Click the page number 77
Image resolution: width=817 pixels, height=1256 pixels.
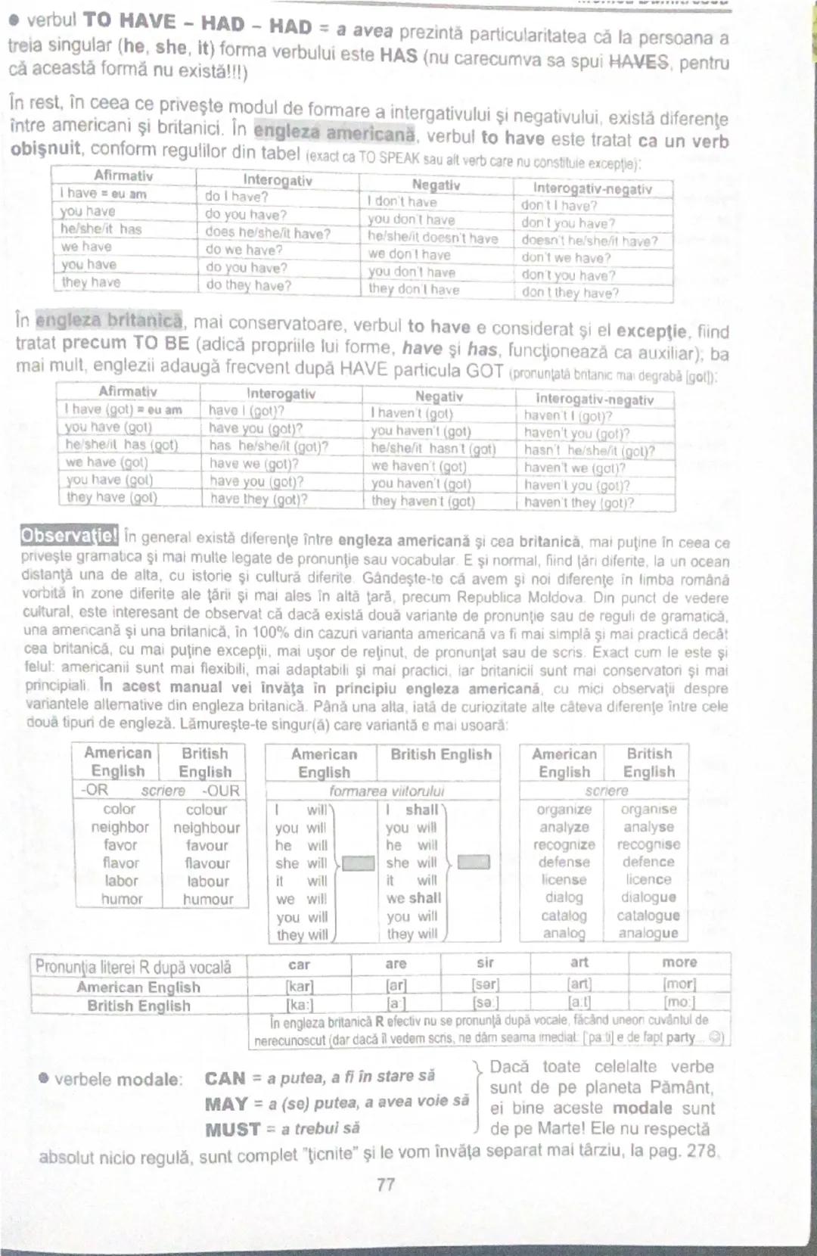click(386, 1184)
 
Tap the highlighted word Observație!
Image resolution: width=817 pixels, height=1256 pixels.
click(69, 536)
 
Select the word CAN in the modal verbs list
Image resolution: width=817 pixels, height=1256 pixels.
click(225, 1078)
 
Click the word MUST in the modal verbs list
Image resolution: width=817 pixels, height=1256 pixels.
click(232, 1130)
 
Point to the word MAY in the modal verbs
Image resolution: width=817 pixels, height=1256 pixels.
click(226, 1104)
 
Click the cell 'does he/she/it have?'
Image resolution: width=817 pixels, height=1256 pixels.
click(268, 233)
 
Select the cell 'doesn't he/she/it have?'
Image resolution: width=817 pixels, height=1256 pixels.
click(589, 241)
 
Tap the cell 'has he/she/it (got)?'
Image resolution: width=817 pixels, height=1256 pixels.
click(269, 446)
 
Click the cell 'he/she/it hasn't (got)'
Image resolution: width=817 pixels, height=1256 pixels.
click(433, 449)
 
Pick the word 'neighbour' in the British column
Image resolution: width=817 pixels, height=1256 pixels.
click(207, 828)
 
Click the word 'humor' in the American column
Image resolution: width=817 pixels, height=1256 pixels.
click(122, 899)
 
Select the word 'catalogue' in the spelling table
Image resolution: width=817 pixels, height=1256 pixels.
click(648, 916)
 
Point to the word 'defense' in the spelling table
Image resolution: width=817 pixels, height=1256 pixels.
click(564, 862)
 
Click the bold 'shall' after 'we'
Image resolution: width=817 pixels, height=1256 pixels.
click(424, 898)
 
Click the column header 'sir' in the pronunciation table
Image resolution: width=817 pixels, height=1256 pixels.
click(485, 962)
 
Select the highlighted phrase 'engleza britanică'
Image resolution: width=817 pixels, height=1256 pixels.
click(109, 320)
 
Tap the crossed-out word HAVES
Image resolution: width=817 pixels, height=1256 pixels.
click(639, 61)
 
